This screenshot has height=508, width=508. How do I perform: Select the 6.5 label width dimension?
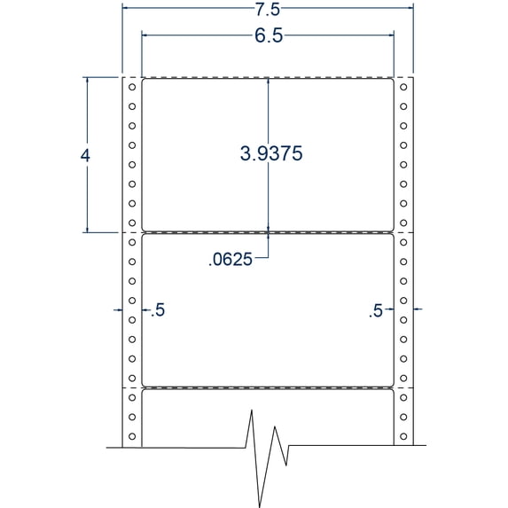coord(268,37)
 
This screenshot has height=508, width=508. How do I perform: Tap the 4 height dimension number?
coord(85,154)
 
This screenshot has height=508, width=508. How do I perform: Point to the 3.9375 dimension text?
coord(272,153)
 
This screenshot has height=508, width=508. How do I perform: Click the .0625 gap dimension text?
coord(230,260)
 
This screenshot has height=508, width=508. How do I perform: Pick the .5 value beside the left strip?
coord(158,310)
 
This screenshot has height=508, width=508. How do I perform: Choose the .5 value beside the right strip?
coord(377,310)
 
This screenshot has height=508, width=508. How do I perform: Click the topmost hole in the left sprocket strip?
coord(131,87)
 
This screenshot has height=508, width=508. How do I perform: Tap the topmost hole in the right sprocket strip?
coord(404,87)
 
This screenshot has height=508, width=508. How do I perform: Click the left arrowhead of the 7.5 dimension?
coord(126,9)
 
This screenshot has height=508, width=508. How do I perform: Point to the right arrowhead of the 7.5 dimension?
coord(410,9)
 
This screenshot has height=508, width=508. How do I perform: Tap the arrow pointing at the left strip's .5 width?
coord(117,309)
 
